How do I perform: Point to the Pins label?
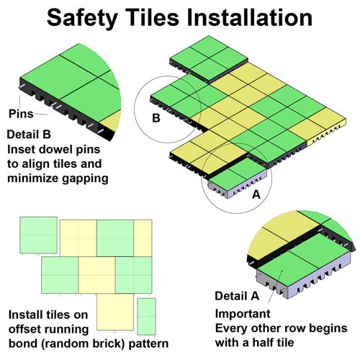(21, 114)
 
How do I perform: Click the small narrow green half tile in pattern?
(146, 316)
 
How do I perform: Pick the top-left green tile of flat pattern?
(38, 235)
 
